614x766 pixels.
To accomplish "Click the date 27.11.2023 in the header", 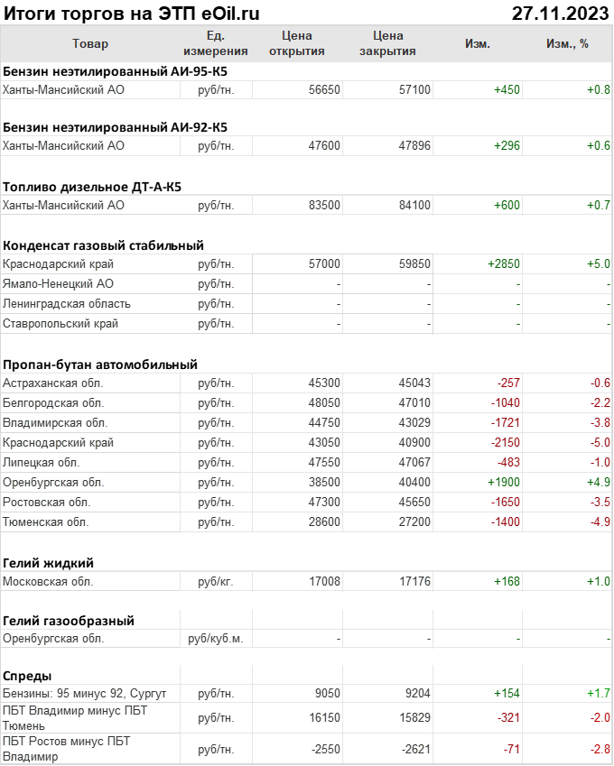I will tap(560, 14).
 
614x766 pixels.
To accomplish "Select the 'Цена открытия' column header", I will tap(297, 43).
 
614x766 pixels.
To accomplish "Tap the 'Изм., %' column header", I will tap(567, 43).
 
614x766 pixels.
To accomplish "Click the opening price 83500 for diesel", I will tap(324, 205).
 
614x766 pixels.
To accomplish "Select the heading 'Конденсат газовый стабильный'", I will tap(103, 245).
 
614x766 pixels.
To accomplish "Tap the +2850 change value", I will tap(504, 264).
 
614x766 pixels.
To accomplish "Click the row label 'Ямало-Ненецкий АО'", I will tap(59, 284).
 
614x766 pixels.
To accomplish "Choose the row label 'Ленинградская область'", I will tap(67, 304).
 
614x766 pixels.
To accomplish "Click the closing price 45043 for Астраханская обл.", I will tap(414, 383).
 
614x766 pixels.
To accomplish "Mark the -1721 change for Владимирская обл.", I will tap(505, 423).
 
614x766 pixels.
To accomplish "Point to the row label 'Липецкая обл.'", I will tap(42, 462).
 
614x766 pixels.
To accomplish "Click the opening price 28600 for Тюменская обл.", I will tap(324, 521).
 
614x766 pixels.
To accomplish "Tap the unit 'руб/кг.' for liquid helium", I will tap(216, 581).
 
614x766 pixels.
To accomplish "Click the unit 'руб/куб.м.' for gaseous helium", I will tap(216, 639).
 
